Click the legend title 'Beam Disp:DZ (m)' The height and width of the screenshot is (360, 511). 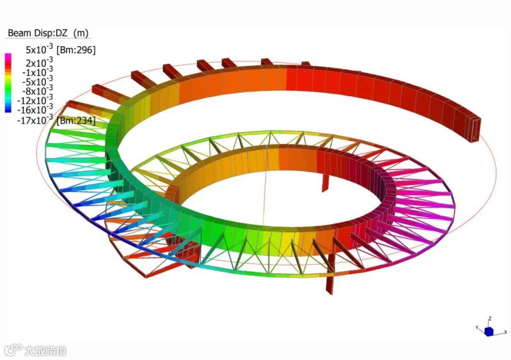coord(48,33)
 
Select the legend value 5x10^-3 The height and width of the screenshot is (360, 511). coord(39,49)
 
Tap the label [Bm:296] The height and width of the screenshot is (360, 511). coord(76,50)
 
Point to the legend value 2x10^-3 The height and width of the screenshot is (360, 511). coord(39,62)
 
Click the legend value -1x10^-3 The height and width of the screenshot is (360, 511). coord(37,71)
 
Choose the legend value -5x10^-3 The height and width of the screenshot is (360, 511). coord(37,81)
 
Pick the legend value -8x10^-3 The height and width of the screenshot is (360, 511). coord(37,90)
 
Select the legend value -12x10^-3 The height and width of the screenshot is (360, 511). coord(35,100)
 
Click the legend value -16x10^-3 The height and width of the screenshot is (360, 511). coord(35,109)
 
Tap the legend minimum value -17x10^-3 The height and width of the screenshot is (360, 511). coord(35,120)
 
